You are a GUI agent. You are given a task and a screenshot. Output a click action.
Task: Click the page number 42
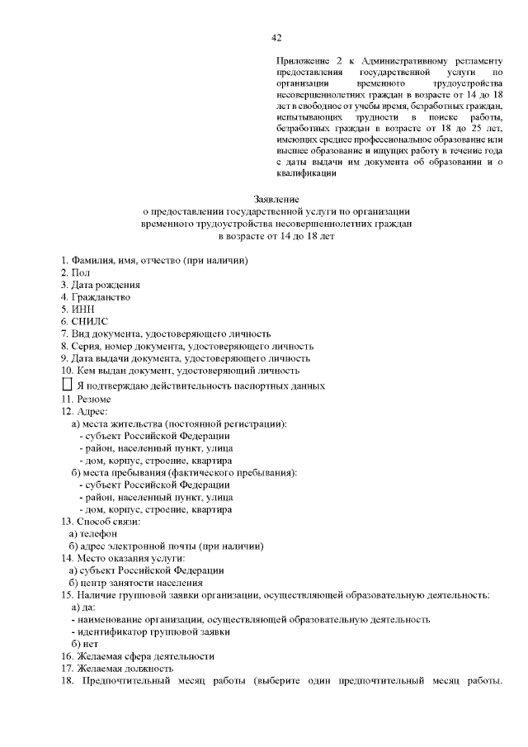pos(276,36)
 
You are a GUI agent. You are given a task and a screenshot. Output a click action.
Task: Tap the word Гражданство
pos(101,296)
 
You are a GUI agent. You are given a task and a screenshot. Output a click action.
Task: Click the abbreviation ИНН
pos(84,309)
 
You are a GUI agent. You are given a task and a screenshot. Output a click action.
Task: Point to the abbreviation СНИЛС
pos(90,321)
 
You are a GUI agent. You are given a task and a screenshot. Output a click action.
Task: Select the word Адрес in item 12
pos(91,411)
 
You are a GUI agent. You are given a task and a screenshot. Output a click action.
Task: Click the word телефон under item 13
pos(99,533)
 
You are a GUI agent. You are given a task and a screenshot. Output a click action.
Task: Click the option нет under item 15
pos(90,644)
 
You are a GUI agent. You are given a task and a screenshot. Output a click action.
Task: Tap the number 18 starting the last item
pos(68,681)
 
